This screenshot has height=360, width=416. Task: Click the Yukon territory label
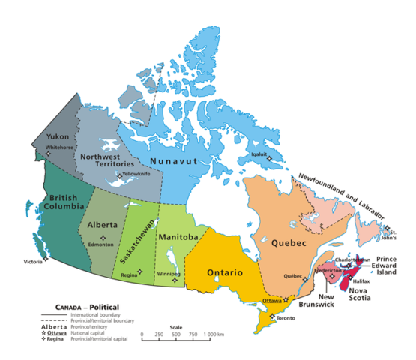[58, 137]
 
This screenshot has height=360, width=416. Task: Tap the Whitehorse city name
[59, 148]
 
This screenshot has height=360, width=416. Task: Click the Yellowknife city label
[135, 173]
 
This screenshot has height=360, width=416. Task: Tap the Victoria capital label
[33, 262]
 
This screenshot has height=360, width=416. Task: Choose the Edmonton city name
[100, 244]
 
